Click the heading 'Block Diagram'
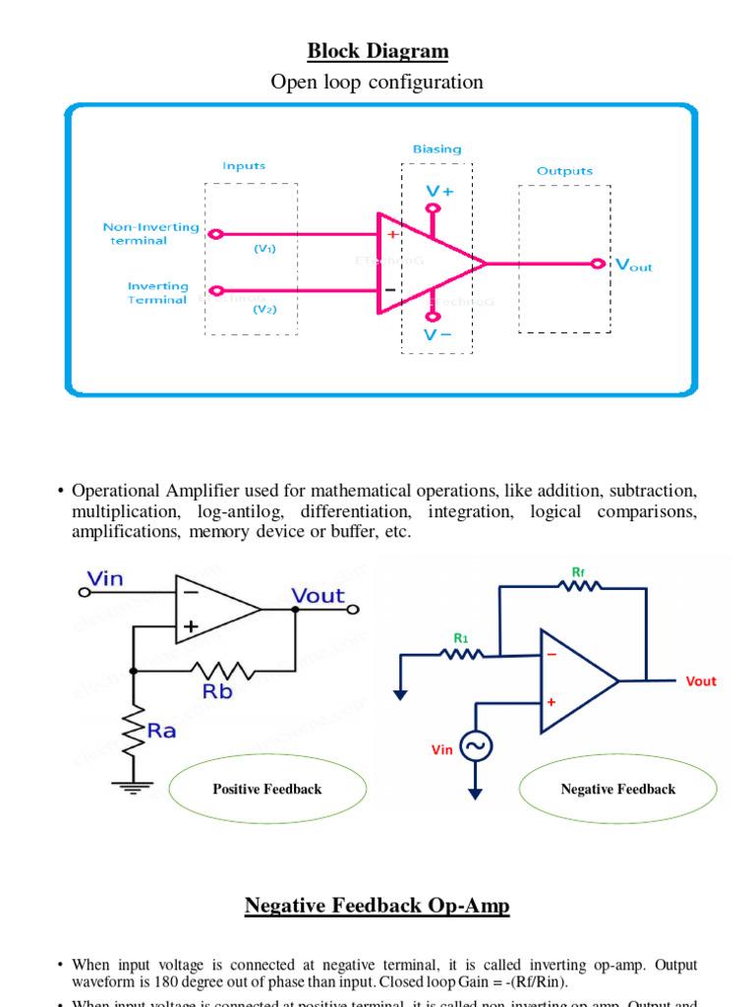377,51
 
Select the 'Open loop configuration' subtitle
377,82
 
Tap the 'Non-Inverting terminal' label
150,234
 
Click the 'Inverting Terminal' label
157,293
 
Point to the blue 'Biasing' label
436,148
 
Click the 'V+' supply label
439,191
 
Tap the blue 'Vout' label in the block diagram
633,265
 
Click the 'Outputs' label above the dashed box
564,170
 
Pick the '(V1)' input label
264,249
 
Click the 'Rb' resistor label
219,690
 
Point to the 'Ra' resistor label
160,731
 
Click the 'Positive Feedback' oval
267,789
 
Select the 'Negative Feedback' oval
617,789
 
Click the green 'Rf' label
578,570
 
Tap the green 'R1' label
460,637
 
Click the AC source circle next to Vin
477,747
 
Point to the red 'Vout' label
701,681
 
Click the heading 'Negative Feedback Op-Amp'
377,905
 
